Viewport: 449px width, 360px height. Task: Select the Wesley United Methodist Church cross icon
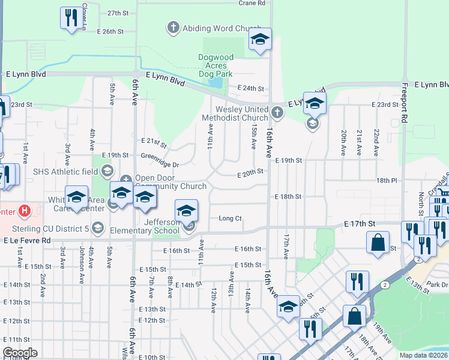[x=277, y=112]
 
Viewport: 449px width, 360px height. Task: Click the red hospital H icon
[x=25, y=211]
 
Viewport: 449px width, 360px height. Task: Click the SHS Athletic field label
[x=65, y=172]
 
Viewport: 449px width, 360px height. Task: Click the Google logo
[x=20, y=353]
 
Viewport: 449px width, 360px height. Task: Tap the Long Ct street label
[x=230, y=218]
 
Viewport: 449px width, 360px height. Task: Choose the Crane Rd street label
[x=252, y=3]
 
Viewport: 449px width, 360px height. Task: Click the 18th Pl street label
[x=387, y=180]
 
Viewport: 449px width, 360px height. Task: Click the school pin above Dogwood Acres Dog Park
[x=260, y=40]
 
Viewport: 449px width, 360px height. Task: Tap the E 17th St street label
[x=360, y=223]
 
